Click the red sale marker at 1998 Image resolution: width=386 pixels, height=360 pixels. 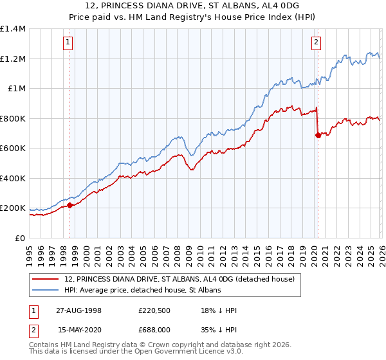tap(70, 206)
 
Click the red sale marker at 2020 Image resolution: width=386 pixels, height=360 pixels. tap(318, 135)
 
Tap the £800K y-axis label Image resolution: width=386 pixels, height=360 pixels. tap(13, 118)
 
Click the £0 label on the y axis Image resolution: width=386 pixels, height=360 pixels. tap(19, 238)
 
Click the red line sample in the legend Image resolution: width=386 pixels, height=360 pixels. tap(46, 279)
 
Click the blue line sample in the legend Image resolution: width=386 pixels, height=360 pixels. tap(46, 291)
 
